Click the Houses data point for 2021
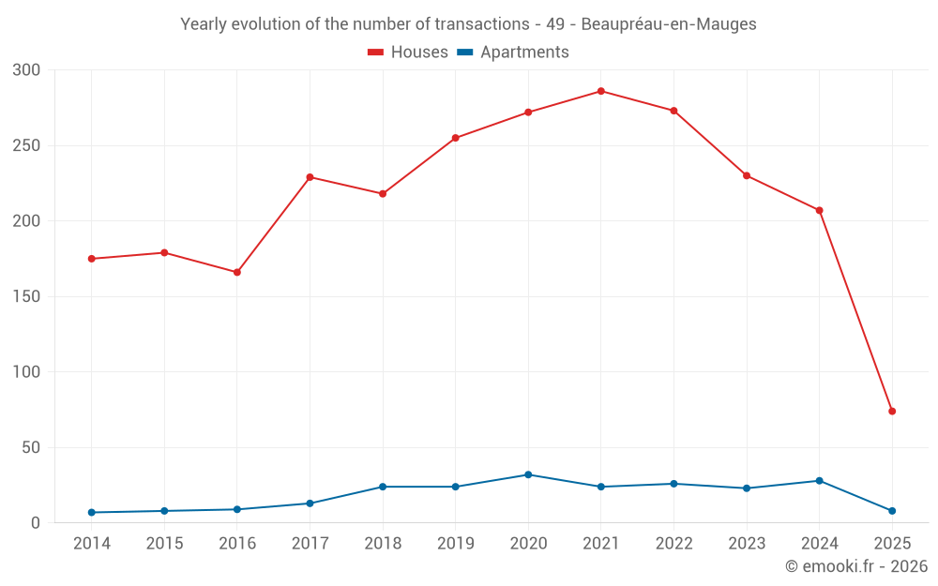pyautogui.click(x=601, y=91)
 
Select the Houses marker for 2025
pyautogui.click(x=892, y=411)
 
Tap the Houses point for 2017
pyautogui.click(x=310, y=177)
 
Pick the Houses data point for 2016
pyautogui.click(x=237, y=272)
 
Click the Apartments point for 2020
pyautogui.click(x=528, y=474)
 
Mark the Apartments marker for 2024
pyautogui.click(x=819, y=480)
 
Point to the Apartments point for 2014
pyautogui.click(x=92, y=512)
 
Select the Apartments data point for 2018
pyautogui.click(x=383, y=487)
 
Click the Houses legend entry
pyautogui.click(x=408, y=53)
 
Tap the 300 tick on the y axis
pyautogui.click(x=27, y=70)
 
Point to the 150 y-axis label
pyautogui.click(x=27, y=296)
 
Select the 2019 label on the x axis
pyautogui.click(x=455, y=544)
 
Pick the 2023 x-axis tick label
pyautogui.click(x=747, y=544)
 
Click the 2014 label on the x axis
pyautogui.click(x=92, y=544)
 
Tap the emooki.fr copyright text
pyautogui.click(x=856, y=566)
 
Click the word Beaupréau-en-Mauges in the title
pyautogui.click(x=669, y=24)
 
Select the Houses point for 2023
pyautogui.click(x=747, y=175)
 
